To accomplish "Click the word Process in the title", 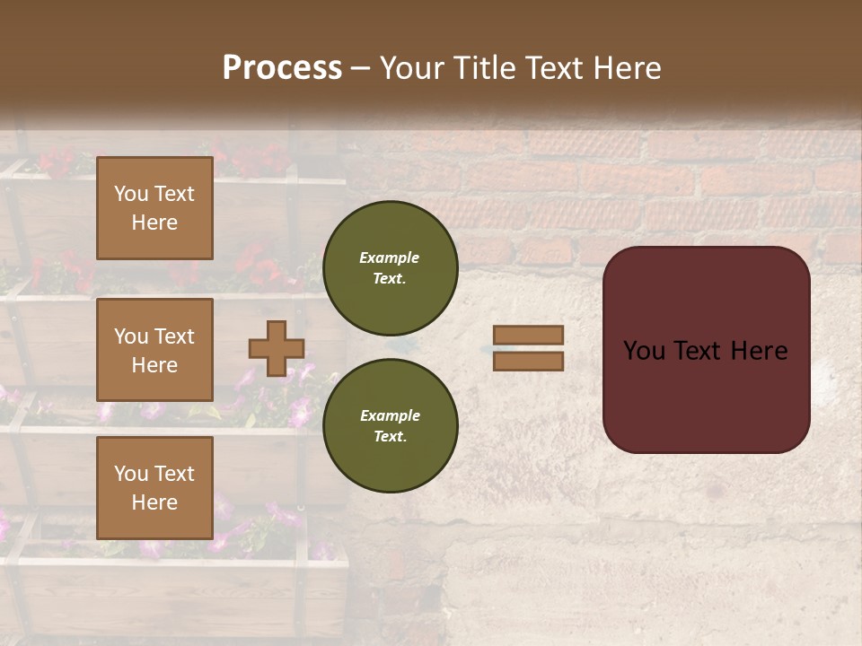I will [282, 67].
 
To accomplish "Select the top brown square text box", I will [154, 208].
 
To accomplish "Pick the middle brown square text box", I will [154, 350].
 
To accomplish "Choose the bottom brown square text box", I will [154, 488].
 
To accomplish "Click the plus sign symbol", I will [277, 348].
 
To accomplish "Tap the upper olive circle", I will [390, 267].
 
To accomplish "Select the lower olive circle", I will [390, 425].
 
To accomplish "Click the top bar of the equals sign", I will [528, 335].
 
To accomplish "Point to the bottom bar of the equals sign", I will [528, 361].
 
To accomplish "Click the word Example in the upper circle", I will [390, 258].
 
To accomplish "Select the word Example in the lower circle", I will [390, 415].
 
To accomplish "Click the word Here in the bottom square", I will [154, 502].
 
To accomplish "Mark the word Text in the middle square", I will [174, 336].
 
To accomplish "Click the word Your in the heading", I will [413, 67].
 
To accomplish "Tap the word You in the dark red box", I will [644, 351].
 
